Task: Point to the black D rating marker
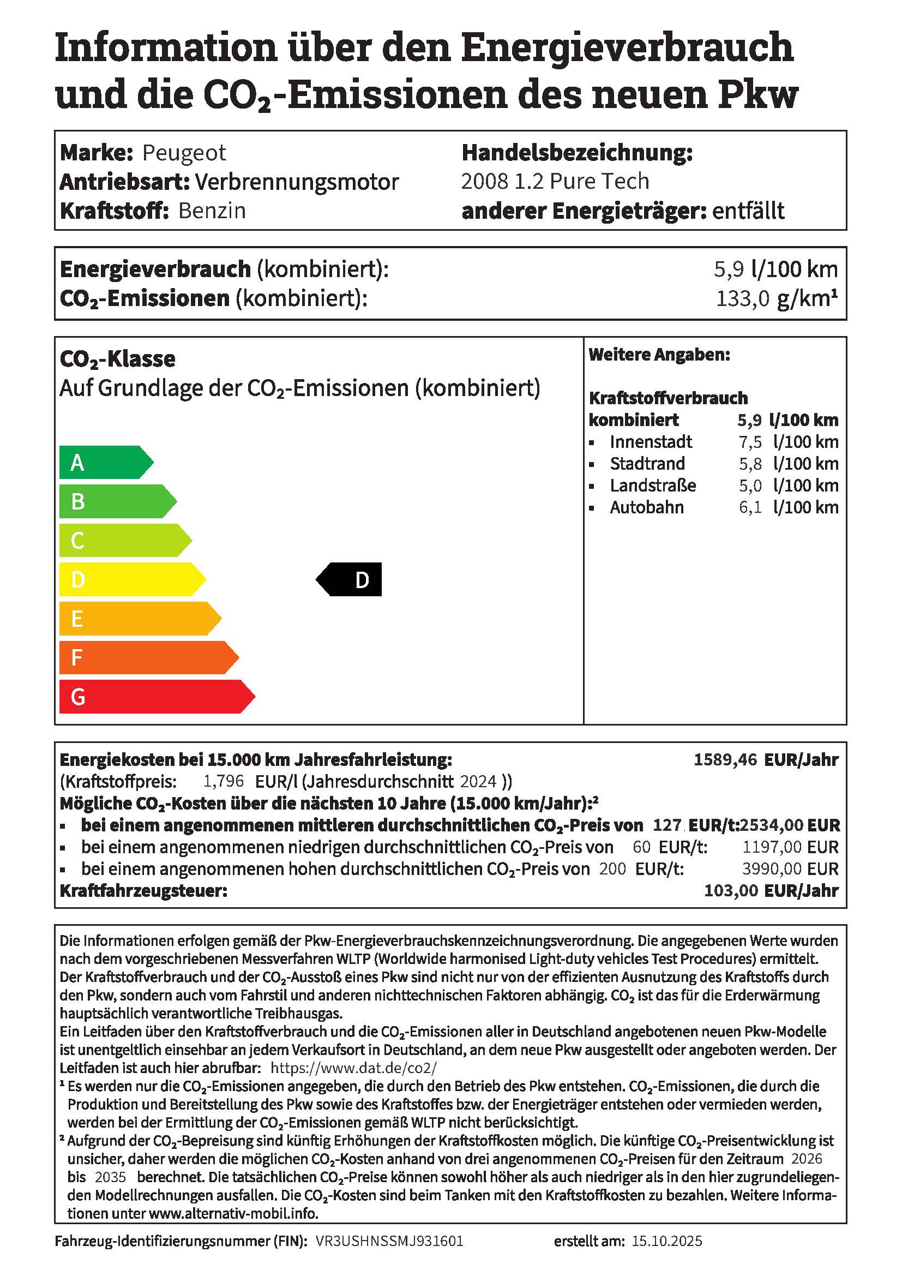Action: (350, 580)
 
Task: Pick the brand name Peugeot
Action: (184, 153)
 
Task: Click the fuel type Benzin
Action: (212, 211)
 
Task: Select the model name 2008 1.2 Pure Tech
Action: (555, 182)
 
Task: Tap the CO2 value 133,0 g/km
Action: (775, 299)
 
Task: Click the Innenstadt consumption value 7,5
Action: (750, 442)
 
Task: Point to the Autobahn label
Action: (647, 507)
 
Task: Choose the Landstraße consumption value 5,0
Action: (750, 486)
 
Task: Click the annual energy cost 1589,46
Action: (725, 760)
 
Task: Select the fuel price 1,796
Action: (223, 781)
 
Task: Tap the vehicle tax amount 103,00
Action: (731, 891)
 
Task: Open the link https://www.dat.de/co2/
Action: (353, 1068)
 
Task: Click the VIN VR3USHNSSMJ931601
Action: (389, 1241)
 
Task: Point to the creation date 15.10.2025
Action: (666, 1241)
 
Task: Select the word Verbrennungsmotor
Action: (297, 182)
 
